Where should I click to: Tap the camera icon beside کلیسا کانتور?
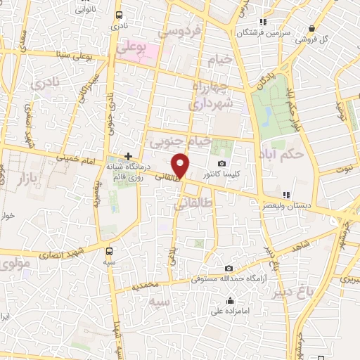[222, 164]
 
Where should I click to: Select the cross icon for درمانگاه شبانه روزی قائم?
[128, 155]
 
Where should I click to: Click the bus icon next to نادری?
[118, 15]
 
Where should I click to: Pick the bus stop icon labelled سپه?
[108, 250]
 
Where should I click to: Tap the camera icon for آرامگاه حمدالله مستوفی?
[229, 269]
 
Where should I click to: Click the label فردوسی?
[180, 32]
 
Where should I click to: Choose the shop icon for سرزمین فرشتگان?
[264, 21]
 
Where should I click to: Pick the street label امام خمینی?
[77, 162]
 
